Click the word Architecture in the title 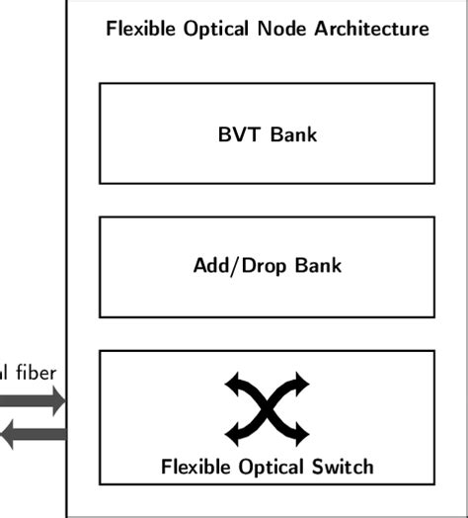(372, 29)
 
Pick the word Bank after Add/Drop (315, 266)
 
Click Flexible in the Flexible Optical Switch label (196, 466)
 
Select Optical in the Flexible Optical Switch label (272, 466)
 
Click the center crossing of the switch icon (267, 407)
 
